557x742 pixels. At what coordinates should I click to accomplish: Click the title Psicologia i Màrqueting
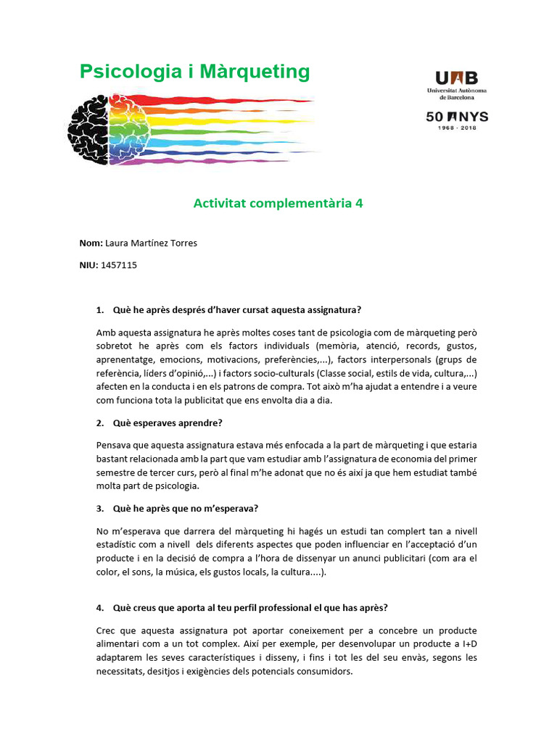pos(194,72)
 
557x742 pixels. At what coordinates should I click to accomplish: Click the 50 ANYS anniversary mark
pos(456,117)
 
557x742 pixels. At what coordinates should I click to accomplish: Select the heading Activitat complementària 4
pos(278,204)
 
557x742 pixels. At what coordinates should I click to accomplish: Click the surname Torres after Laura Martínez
pos(182,243)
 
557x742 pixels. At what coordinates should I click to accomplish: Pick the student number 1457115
pos(119,265)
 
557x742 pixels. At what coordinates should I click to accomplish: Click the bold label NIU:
pos(88,265)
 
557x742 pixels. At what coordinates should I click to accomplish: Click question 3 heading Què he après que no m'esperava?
pos(186,508)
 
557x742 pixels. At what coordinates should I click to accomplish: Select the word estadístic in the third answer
pos(120,545)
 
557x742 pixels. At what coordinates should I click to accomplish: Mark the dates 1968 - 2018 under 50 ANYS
pos(456,129)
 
